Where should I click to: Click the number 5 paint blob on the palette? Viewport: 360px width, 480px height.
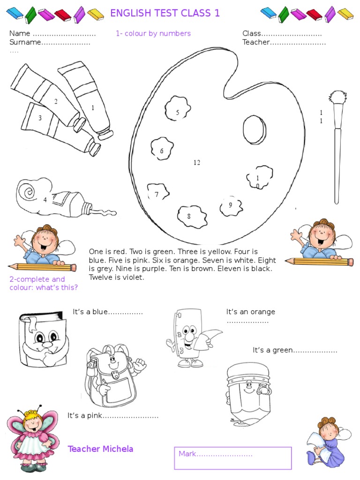coord(178,108)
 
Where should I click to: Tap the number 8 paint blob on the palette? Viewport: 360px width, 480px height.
coord(192,217)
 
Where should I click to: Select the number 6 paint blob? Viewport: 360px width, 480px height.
coord(162,149)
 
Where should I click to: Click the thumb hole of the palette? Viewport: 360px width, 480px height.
coord(255,129)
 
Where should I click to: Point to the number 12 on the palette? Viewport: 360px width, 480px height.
coord(197,163)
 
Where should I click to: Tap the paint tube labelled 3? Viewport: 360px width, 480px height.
coord(60,128)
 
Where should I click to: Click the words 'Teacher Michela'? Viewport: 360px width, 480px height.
coord(100,449)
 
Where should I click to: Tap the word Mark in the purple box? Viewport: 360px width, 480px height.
coord(187,454)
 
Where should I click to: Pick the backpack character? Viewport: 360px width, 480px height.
coord(113,376)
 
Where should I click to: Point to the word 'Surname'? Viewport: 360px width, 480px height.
coord(25,42)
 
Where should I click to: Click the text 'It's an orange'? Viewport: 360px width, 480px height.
coord(250,312)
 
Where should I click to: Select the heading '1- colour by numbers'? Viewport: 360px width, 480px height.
coord(153,33)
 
